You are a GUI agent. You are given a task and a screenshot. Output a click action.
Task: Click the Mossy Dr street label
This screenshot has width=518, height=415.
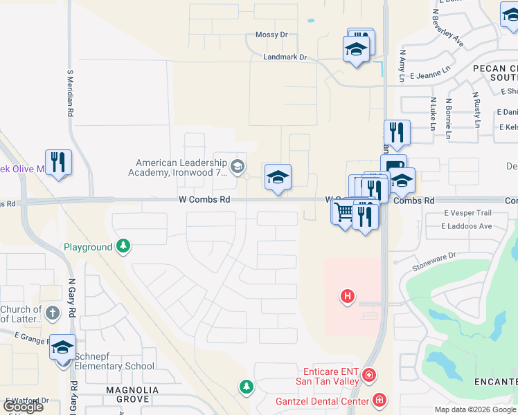click(271, 35)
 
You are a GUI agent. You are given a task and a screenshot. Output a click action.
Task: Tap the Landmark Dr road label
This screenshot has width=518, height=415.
click(284, 57)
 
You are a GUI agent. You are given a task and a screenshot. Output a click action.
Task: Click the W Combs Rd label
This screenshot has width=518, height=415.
click(204, 199)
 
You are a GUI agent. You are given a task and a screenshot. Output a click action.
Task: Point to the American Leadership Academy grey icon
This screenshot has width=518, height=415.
click(238, 165)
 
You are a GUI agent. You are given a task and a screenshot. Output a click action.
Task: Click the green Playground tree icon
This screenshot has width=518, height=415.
click(123, 246)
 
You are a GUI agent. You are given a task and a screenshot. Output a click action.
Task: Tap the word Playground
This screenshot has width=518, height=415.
click(88, 247)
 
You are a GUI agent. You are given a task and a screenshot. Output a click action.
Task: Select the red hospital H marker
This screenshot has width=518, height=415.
click(348, 297)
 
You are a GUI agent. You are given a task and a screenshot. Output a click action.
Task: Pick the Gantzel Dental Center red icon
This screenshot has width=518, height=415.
click(379, 399)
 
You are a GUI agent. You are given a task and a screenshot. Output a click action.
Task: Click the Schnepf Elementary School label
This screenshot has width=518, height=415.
click(114, 367)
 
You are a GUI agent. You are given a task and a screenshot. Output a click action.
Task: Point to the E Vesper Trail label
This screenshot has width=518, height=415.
click(467, 213)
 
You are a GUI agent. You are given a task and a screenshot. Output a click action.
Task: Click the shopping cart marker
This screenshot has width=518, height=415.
click(343, 212)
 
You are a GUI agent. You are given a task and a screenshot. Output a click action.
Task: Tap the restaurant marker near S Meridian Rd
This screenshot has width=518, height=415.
click(59, 163)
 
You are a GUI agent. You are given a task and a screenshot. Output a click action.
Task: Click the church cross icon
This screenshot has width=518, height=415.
click(52, 313)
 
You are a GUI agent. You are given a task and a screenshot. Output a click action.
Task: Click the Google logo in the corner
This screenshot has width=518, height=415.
click(23, 406)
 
